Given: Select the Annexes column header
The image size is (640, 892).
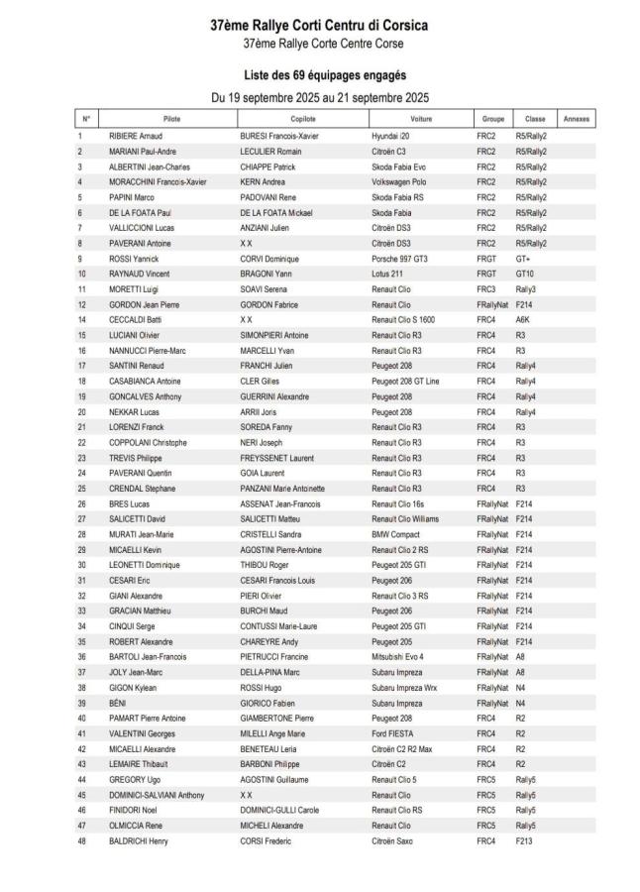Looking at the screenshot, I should (576, 119).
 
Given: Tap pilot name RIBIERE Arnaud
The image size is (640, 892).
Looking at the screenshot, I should (135, 135).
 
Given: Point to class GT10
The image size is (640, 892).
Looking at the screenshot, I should (525, 273).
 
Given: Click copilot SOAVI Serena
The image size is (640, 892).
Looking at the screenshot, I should (263, 288).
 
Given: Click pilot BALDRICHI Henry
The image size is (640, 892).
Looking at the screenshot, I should (138, 840).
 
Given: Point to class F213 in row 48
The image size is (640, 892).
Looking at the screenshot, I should (525, 840).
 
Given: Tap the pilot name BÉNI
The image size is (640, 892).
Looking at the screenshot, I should (118, 702).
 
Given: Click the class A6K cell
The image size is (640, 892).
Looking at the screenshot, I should (523, 319).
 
